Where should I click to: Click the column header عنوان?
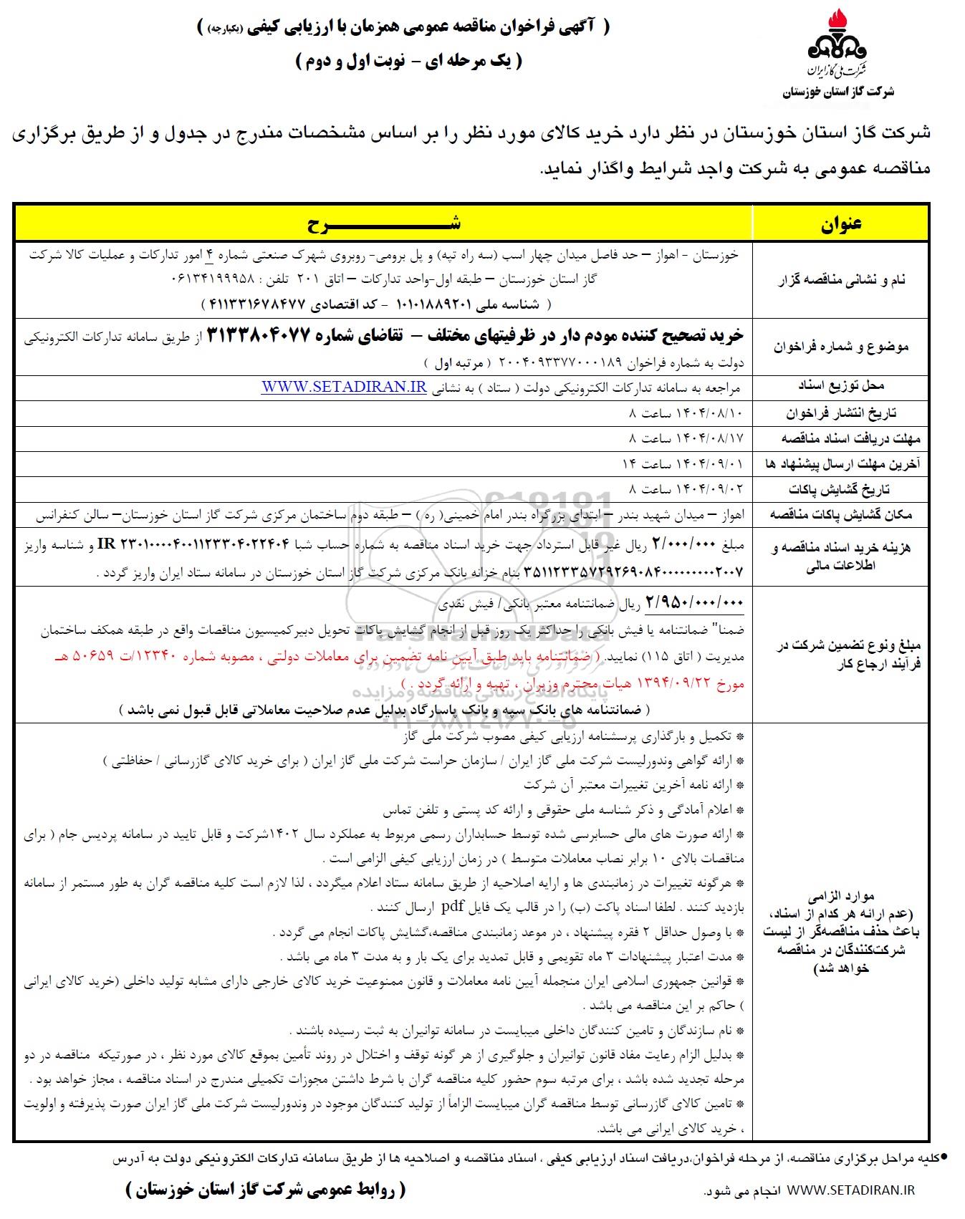(x=840, y=223)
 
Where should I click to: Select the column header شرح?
(x=383, y=223)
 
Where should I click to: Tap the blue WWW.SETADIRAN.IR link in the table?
(x=344, y=387)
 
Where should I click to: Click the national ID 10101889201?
(x=430, y=303)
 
